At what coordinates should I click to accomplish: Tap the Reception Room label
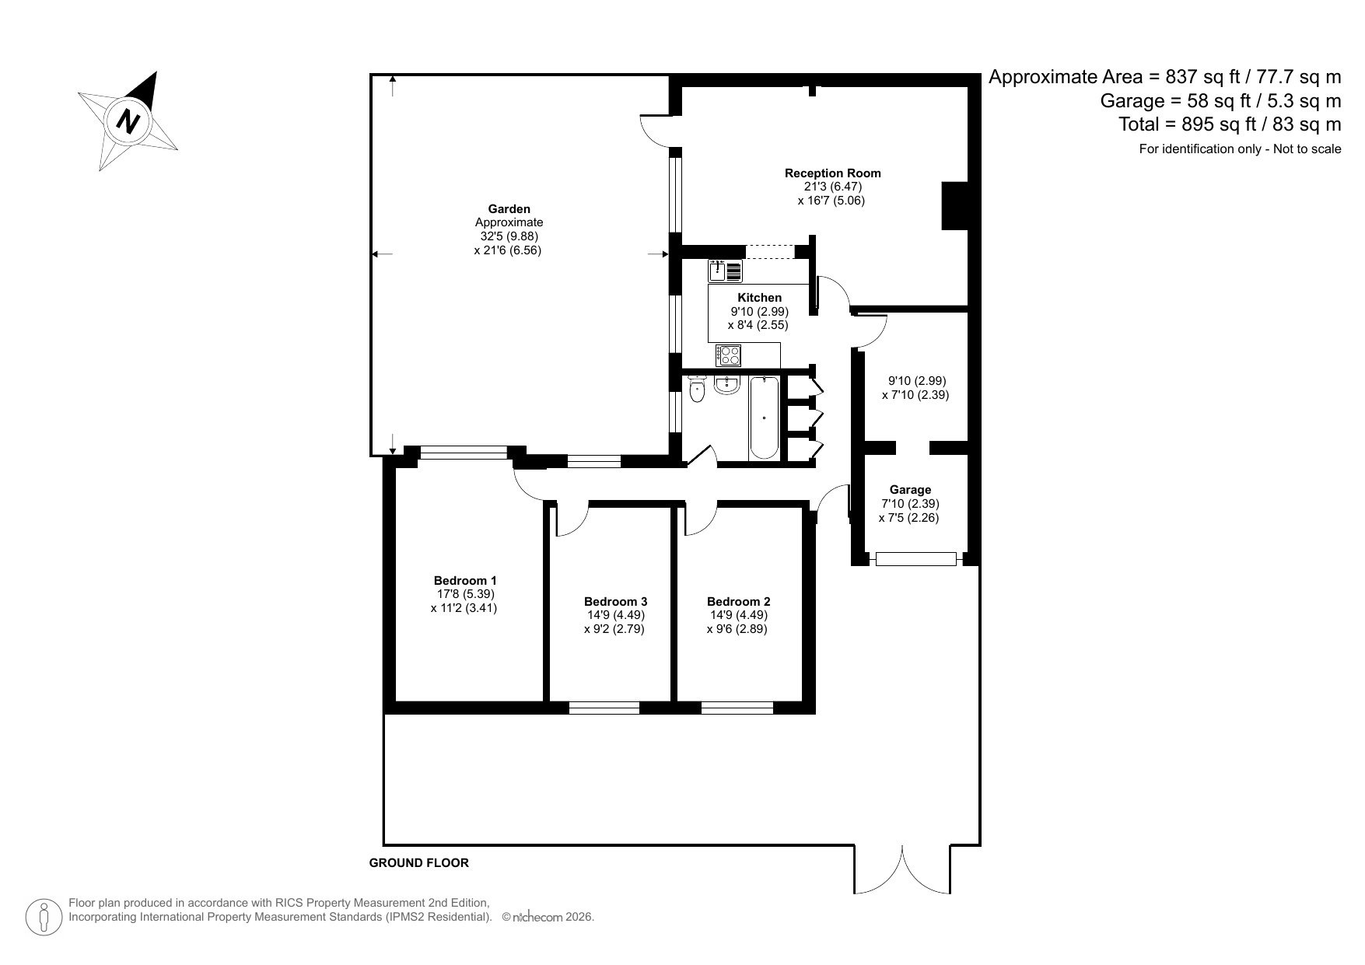pyautogui.click(x=832, y=173)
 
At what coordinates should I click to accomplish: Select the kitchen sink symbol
pyautogui.click(x=724, y=271)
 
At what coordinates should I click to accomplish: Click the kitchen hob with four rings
pyautogui.click(x=729, y=355)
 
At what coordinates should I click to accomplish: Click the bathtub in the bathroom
pyautogui.click(x=764, y=418)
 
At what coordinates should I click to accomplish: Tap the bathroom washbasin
pyautogui.click(x=726, y=385)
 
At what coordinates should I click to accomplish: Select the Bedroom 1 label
pyautogui.click(x=464, y=581)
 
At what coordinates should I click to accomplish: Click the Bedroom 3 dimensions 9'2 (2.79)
pyautogui.click(x=614, y=629)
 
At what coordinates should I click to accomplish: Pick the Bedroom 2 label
pyautogui.click(x=738, y=602)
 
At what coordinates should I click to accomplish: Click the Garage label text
pyautogui.click(x=910, y=490)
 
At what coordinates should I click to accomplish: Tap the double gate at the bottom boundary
pyautogui.click(x=902, y=869)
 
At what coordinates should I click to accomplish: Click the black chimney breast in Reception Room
pyautogui.click(x=954, y=206)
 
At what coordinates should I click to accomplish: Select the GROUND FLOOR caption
pyautogui.click(x=418, y=863)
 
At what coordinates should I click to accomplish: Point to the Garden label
pyautogui.click(x=509, y=208)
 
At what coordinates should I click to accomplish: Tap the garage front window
pyautogui.click(x=915, y=558)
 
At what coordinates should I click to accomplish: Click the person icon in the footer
pyautogui.click(x=44, y=918)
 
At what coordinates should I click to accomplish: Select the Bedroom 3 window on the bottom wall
pyautogui.click(x=604, y=708)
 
